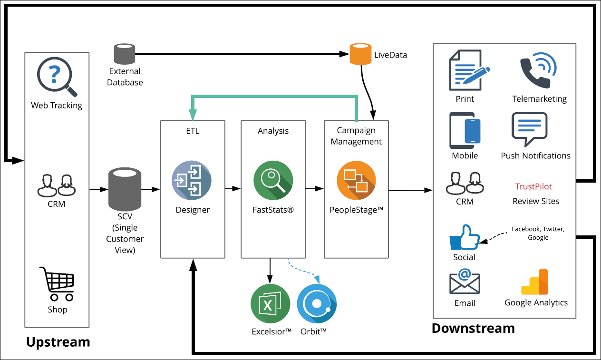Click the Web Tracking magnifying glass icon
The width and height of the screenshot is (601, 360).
pyautogui.click(x=56, y=76)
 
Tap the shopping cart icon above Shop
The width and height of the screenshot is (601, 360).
pyautogui.click(x=57, y=283)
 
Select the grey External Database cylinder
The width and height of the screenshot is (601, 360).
pyautogui.click(x=125, y=54)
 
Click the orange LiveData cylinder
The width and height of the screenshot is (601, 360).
pyautogui.click(x=360, y=54)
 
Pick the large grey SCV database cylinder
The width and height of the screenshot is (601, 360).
pyautogui.click(x=125, y=189)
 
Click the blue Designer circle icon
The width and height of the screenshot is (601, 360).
pyautogui.click(x=192, y=180)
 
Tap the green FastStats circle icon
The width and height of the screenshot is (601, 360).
pyautogui.click(x=273, y=180)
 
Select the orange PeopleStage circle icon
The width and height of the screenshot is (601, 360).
pyautogui.click(x=356, y=180)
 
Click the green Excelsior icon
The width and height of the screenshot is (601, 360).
pyautogui.click(x=271, y=304)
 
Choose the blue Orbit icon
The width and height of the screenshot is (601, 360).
pyautogui.click(x=317, y=304)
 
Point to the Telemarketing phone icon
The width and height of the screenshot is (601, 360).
pyautogui.click(x=538, y=70)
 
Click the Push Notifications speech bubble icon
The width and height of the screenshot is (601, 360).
pyautogui.click(x=529, y=129)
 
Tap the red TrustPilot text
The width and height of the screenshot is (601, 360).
pyautogui.click(x=533, y=186)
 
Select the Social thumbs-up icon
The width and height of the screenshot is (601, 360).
pyautogui.click(x=465, y=237)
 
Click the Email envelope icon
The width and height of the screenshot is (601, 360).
pyautogui.click(x=465, y=281)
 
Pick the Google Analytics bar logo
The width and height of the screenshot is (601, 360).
pyautogui.click(x=534, y=282)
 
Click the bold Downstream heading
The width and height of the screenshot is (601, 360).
pyautogui.click(x=473, y=328)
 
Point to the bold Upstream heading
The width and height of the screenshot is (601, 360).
pyautogui.click(x=58, y=342)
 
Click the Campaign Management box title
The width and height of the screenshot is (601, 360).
pyautogui.click(x=356, y=136)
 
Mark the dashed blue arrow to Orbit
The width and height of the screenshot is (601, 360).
pyautogui.click(x=303, y=271)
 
